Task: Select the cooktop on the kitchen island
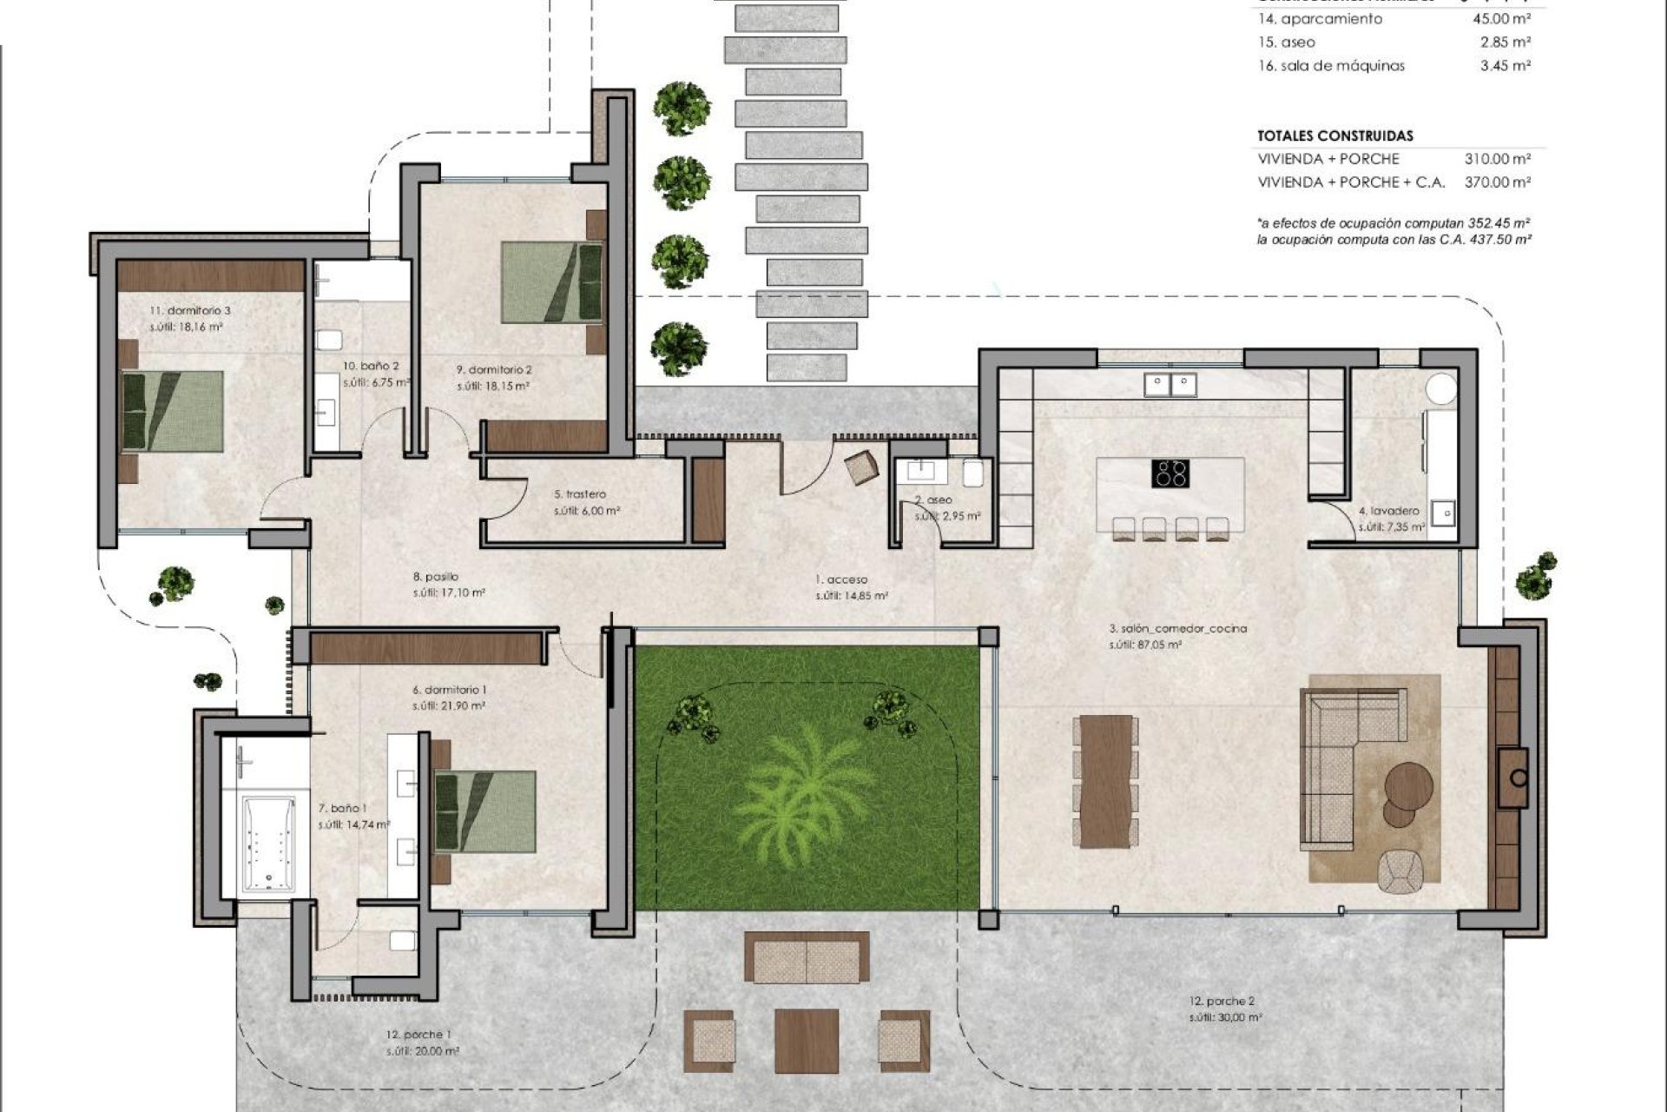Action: point(1170,473)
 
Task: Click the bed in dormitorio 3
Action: point(173,411)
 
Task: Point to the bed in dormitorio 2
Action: point(552,282)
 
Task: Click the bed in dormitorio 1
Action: point(484,811)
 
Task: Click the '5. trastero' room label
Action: point(580,494)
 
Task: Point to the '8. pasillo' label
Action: point(436,577)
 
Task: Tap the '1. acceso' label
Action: point(840,579)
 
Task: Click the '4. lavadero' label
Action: point(1388,512)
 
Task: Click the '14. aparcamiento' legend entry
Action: point(1320,19)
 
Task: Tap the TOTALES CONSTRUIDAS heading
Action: point(1334,136)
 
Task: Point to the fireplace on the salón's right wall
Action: point(1517,778)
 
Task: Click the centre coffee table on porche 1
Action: point(806,1040)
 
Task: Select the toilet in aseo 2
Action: point(973,473)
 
